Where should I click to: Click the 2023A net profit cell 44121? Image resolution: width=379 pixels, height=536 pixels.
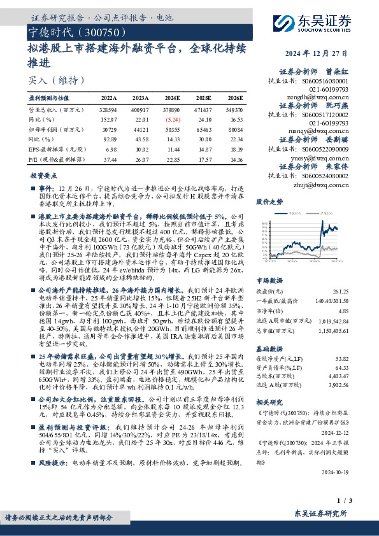click(x=141, y=129)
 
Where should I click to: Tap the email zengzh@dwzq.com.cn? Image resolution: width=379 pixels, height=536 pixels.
click(x=324, y=98)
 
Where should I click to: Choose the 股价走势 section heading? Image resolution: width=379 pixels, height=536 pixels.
click(x=269, y=201)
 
